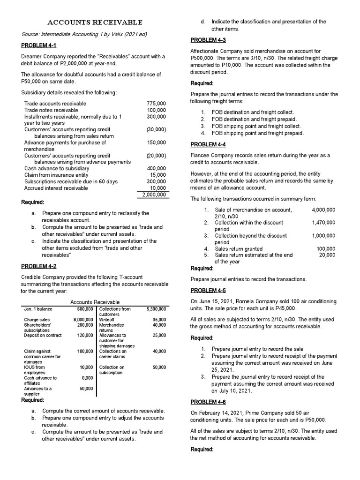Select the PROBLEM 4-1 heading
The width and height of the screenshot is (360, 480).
[39, 45]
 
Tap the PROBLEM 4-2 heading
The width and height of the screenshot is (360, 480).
[39, 266]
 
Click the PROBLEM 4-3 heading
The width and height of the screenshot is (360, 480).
[208, 40]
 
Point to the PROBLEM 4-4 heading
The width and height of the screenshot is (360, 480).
[208, 144]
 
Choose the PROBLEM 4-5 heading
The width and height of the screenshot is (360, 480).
[208, 290]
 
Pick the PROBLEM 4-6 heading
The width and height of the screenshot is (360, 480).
[208, 402]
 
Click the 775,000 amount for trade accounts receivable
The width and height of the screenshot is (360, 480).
[156, 104]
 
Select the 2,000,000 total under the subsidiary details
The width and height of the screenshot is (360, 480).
[152, 195]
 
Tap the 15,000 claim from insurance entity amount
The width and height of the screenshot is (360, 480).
[157, 175]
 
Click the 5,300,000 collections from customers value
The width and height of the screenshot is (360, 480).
[156, 309]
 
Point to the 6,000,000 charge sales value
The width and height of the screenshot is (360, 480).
[83, 320]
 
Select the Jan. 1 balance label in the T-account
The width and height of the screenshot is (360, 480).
[38, 309]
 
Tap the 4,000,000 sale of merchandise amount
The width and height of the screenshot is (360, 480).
[323, 210]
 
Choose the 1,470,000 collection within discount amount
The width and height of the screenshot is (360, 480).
[323, 223]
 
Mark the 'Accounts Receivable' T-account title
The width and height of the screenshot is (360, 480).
[95, 302]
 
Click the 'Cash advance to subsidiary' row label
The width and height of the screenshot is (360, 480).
[56, 168]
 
